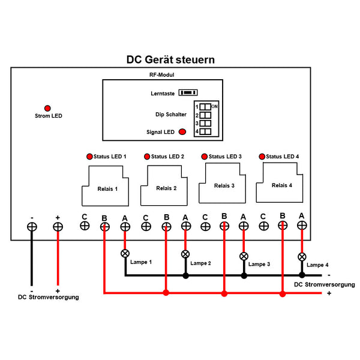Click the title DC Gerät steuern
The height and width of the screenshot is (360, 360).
(x=170, y=60)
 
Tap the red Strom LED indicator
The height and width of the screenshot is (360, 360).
(x=47, y=107)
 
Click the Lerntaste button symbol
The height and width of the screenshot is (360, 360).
(x=189, y=93)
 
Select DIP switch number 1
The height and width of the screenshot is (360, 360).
(x=205, y=106)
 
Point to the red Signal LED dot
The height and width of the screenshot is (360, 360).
(x=182, y=132)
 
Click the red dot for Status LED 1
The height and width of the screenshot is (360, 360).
(x=89, y=157)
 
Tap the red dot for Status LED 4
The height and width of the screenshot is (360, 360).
(x=262, y=157)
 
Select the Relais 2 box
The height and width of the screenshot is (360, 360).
(x=166, y=187)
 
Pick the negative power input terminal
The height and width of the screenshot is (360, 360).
(x=32, y=227)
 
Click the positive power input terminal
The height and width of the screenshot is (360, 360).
(x=58, y=227)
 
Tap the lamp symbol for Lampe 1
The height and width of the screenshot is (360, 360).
(x=125, y=253)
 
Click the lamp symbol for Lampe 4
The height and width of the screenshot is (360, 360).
(x=302, y=257)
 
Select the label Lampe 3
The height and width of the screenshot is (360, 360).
(x=259, y=264)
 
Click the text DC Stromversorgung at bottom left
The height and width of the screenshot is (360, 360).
(x=48, y=297)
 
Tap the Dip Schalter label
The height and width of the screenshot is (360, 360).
(x=170, y=114)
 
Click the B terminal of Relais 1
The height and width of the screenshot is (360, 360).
(x=105, y=227)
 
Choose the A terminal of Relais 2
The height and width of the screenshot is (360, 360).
(x=186, y=226)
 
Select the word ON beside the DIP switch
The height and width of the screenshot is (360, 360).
(x=214, y=106)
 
